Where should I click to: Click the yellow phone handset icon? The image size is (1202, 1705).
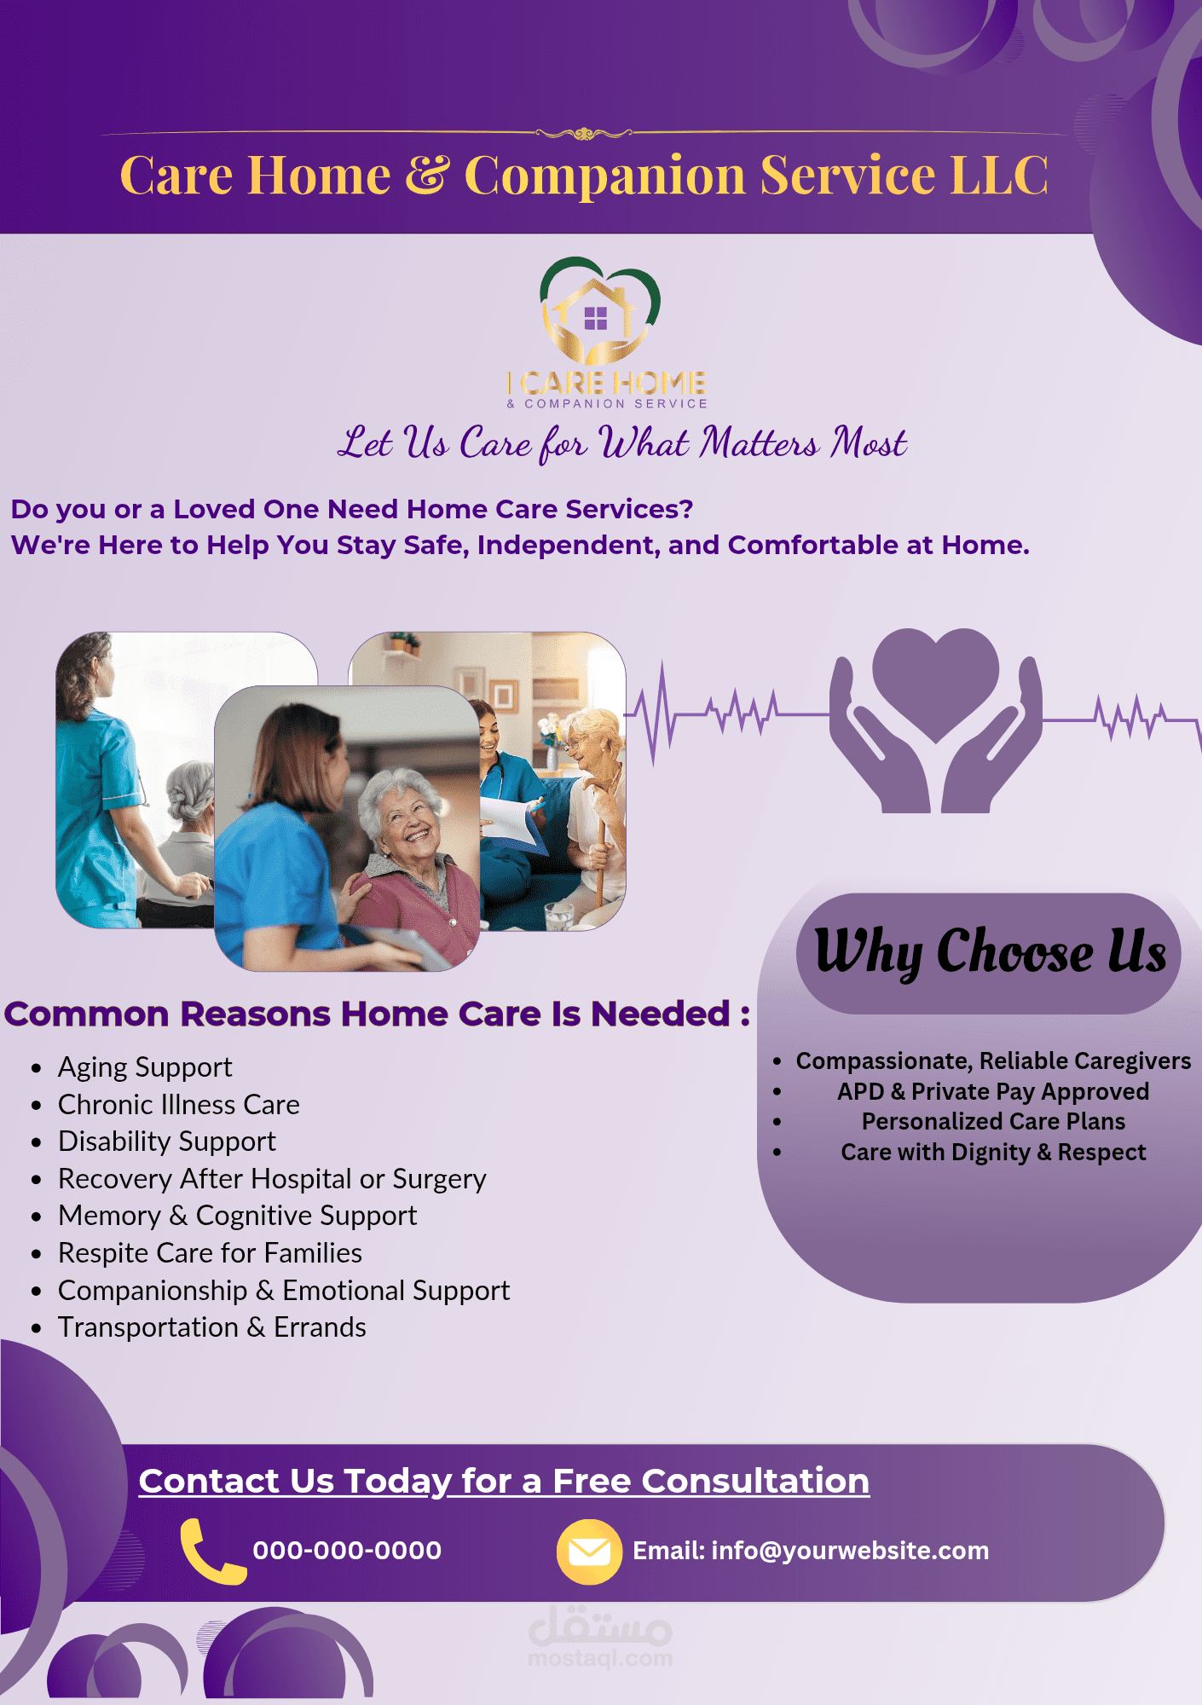pyautogui.click(x=211, y=1551)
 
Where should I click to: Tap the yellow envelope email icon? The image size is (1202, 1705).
pyautogui.click(x=588, y=1552)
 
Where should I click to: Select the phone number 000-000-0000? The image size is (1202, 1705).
pyautogui.click(x=347, y=1551)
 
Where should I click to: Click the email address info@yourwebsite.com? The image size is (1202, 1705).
pyautogui.click(x=850, y=1551)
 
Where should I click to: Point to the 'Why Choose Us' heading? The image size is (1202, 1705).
pyautogui.click(x=990, y=952)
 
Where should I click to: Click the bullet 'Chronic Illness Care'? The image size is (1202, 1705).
pyautogui.click(x=178, y=1105)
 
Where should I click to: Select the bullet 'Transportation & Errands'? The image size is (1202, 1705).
pyautogui.click(x=211, y=1327)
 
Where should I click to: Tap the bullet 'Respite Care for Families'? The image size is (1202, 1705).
pyautogui.click(x=210, y=1253)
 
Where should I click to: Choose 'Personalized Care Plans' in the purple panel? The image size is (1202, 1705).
pyautogui.click(x=993, y=1122)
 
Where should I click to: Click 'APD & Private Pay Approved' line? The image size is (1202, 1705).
pyautogui.click(x=993, y=1092)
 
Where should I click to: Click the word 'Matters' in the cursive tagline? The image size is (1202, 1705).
pyautogui.click(x=760, y=443)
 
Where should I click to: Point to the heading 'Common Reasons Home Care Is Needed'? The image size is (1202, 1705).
pyautogui.click(x=377, y=1014)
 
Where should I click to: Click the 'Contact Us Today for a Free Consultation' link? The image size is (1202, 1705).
pyautogui.click(x=504, y=1482)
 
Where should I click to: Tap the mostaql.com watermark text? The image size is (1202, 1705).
pyautogui.click(x=600, y=1659)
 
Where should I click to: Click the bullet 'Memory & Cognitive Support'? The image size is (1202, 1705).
pyautogui.click(x=237, y=1216)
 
